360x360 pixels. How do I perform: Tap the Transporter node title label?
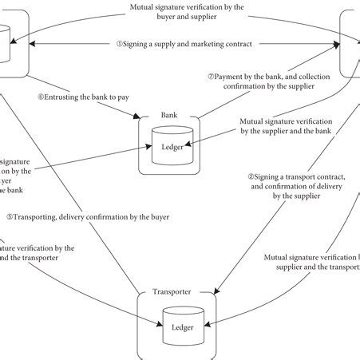[171, 293]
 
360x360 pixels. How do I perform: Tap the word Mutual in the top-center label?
[144, 7]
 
